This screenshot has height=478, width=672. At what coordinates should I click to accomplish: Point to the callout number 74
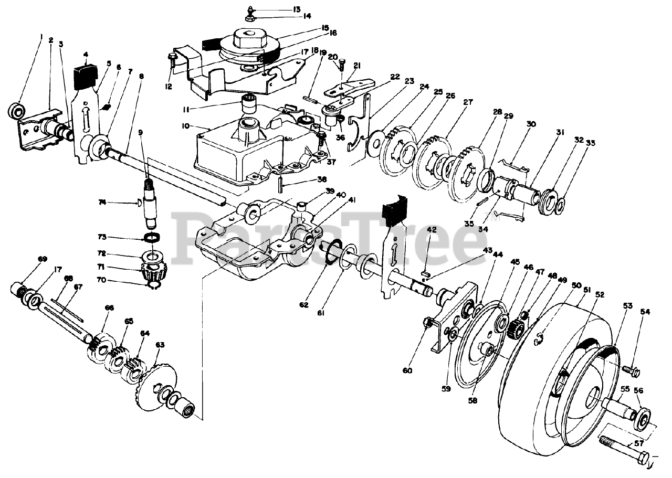[x=103, y=201]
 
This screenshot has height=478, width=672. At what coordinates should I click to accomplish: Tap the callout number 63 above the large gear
[x=160, y=345]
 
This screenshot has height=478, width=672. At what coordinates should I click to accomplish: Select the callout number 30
[x=531, y=124]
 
